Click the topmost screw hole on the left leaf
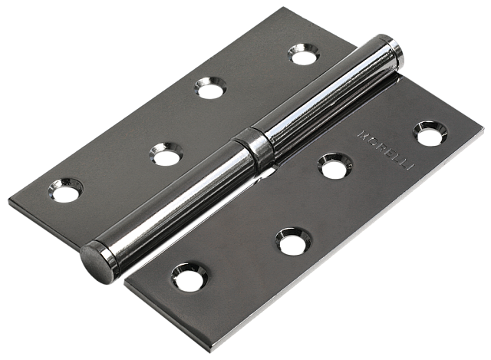(304, 54)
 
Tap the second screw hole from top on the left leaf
(210, 88)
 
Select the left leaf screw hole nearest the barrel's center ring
(166, 154)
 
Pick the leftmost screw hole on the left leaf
(66, 190)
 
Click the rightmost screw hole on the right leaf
(430, 134)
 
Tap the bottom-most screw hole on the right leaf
(190, 277)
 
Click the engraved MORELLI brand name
(386, 150)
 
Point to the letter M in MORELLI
(363, 134)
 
